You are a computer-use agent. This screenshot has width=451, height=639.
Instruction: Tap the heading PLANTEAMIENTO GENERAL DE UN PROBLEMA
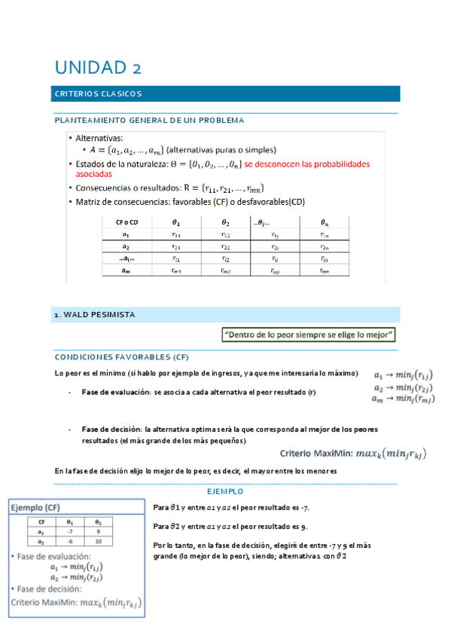click(x=148, y=120)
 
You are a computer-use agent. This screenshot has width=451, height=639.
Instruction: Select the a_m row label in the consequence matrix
click(x=126, y=271)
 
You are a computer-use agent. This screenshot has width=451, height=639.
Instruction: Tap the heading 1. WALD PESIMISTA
click(x=94, y=314)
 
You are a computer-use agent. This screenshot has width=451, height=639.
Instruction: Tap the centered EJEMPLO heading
click(x=225, y=490)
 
